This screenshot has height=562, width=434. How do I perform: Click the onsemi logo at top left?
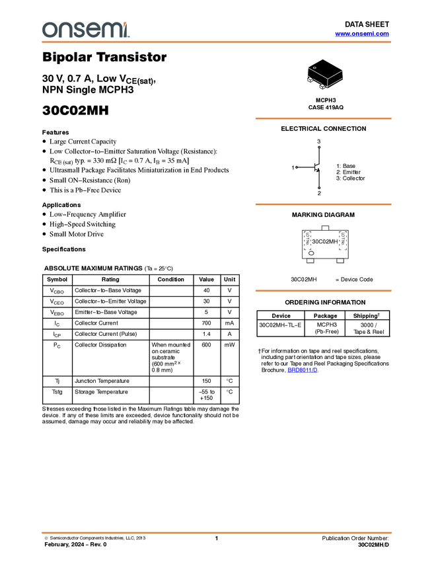click(85, 30)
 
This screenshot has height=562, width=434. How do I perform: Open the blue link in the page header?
click(362, 34)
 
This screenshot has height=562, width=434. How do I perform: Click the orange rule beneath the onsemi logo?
click(217, 42)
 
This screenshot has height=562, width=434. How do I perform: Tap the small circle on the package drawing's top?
click(314, 67)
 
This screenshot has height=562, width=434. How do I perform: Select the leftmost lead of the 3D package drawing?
click(309, 79)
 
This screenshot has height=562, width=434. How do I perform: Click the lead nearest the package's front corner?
click(323, 87)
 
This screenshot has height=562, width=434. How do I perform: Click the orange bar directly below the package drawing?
click(323, 119)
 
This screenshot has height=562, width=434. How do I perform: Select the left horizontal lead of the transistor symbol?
click(305, 167)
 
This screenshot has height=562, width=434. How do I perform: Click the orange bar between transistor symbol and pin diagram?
click(323, 204)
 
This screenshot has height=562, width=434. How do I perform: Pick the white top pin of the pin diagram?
click(324, 227)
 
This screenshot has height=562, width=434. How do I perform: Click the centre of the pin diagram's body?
click(324, 246)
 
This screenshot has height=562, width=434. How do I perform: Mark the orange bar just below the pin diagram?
click(323, 291)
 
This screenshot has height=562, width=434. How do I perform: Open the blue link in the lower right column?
click(303, 370)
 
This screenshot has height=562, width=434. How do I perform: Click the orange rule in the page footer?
click(217, 532)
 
